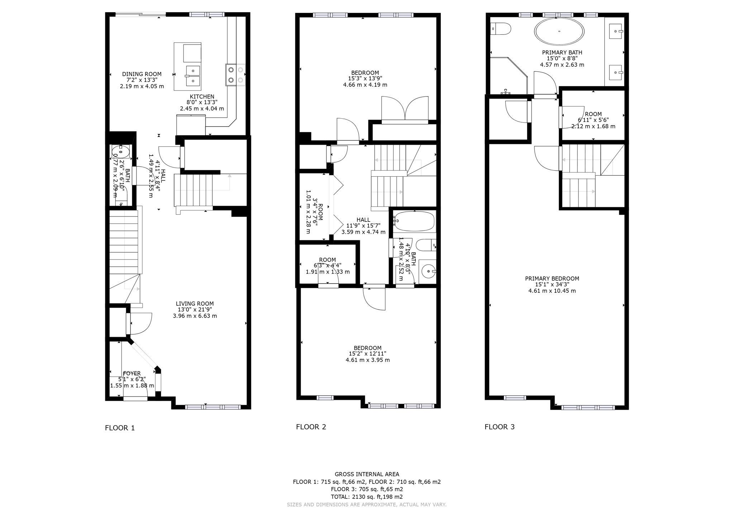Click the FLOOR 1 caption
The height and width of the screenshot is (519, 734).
click(x=120, y=428)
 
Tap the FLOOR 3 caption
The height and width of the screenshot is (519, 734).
click(x=499, y=427)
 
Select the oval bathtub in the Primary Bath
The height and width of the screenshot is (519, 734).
click(x=559, y=32)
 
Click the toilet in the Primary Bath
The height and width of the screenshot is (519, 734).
click(x=500, y=29)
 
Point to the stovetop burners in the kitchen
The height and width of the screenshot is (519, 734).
click(x=235, y=75)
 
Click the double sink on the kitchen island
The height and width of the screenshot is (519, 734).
click(x=193, y=76)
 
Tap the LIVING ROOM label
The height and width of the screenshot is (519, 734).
click(x=195, y=304)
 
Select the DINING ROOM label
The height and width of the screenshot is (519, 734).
click(x=142, y=74)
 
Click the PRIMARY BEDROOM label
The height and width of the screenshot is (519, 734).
click(x=552, y=278)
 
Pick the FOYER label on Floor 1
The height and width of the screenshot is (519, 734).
click(x=132, y=373)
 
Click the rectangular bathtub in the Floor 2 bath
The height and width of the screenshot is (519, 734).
click(x=414, y=221)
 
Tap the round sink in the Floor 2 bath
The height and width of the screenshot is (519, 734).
click(x=428, y=272)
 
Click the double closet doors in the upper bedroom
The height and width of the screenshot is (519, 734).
click(x=405, y=108)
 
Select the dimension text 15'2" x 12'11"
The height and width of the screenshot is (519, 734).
click(x=367, y=354)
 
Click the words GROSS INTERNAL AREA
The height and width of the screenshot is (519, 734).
click(x=367, y=474)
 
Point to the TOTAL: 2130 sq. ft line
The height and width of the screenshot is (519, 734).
click(x=367, y=497)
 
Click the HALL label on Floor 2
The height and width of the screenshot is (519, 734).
click(x=363, y=220)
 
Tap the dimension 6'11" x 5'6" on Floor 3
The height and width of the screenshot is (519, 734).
click(x=593, y=120)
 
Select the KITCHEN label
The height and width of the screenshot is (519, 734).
click(x=202, y=96)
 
